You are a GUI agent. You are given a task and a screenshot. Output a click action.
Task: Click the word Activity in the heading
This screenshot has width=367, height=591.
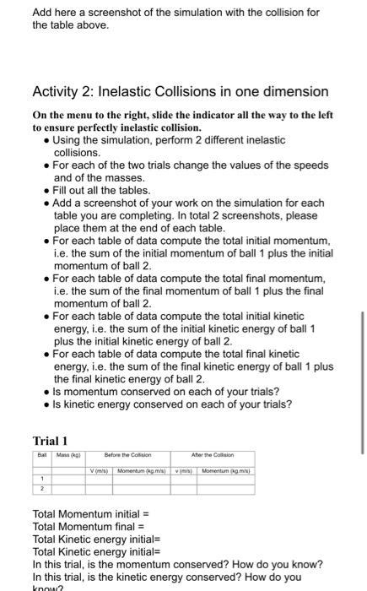(x=57, y=91)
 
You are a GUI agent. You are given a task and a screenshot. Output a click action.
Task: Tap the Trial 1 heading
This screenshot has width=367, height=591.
(x=50, y=442)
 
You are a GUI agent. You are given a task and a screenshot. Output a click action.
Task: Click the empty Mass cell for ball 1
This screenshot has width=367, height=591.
(x=67, y=479)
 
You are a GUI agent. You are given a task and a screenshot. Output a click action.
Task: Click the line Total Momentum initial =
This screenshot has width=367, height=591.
(x=90, y=514)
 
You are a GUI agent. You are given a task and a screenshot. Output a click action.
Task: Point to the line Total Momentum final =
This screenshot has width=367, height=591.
(x=88, y=526)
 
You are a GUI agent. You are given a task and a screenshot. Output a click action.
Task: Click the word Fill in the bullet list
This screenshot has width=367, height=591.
(x=62, y=191)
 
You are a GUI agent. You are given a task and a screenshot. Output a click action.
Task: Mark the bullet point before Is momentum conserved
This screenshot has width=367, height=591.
(x=46, y=392)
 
